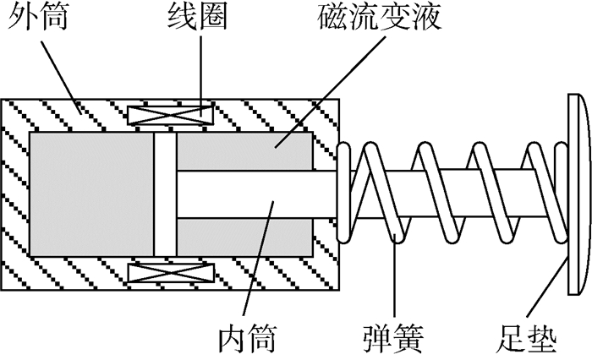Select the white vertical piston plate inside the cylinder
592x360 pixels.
click(165, 194)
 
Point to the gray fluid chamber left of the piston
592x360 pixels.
click(90, 194)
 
